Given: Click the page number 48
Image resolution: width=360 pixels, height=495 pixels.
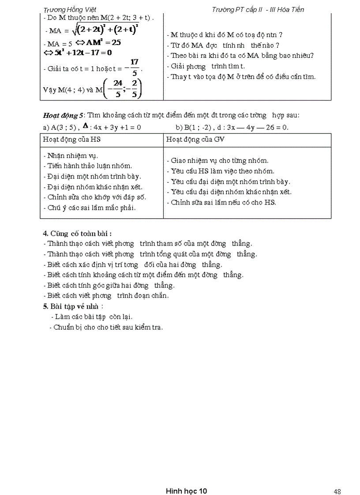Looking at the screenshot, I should [337, 479].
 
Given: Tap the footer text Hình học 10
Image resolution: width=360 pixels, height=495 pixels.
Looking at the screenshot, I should [187, 479].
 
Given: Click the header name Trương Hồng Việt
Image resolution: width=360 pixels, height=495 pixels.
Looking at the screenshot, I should [70, 9].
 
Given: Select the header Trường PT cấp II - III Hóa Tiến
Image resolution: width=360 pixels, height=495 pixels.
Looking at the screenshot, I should [258, 9].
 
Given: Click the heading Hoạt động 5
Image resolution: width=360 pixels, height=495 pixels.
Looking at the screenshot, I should [63, 115].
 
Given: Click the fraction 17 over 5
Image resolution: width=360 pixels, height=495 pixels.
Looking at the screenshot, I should [135, 68].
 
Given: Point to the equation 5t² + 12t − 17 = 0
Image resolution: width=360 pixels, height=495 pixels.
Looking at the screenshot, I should [78, 52].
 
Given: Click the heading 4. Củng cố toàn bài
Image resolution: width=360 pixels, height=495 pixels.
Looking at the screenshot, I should [74, 233].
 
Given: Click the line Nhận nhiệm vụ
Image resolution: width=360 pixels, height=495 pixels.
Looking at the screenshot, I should [71, 156].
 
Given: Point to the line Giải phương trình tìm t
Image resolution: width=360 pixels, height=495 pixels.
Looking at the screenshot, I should [206, 67].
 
